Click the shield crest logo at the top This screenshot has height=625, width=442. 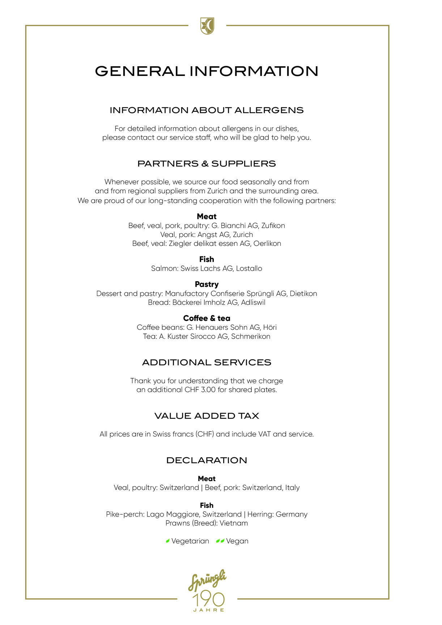click(207, 26)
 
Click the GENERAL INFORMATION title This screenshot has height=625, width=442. click(207, 71)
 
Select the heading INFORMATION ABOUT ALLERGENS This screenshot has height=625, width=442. click(207, 110)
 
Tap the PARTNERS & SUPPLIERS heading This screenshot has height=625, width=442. click(207, 164)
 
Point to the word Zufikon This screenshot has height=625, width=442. click(273, 226)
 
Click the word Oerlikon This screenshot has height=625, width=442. click(267, 243)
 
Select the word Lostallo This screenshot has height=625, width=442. click(249, 268)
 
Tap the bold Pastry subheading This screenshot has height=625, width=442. click(207, 284)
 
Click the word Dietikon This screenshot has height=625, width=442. click(303, 293)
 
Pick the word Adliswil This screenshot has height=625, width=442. click(253, 302)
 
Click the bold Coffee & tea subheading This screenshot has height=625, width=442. click(207, 318)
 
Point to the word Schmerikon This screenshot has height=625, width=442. click(251, 336)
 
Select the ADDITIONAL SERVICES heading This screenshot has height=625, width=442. click(207, 362)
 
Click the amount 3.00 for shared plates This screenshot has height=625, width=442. click(208, 390)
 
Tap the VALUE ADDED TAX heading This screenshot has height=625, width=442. click(207, 416)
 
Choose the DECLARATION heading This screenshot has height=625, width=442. click(207, 460)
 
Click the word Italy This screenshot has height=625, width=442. click(292, 488)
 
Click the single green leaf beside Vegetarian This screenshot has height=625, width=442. click(167, 541)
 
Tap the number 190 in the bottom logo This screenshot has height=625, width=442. click(208, 600)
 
